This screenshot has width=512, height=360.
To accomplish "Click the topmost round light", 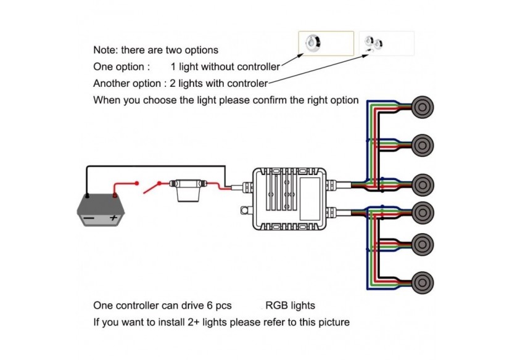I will tap(421, 107).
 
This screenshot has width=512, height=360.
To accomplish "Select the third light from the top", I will tap(421, 184).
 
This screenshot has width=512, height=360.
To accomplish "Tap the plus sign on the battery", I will tap(113, 218).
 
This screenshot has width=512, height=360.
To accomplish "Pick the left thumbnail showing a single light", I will tap(326, 43).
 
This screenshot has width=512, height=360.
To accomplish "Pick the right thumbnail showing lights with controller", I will tap(386, 44).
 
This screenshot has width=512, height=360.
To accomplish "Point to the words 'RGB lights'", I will tap(290, 305).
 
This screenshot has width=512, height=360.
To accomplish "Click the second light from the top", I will tap(421, 145).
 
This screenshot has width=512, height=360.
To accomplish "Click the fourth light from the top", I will tap(421, 210).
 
